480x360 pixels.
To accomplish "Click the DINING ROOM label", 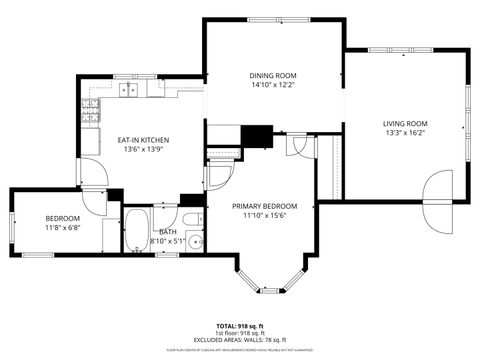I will pyautogui.click(x=273, y=75).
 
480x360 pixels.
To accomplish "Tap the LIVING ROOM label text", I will pyautogui.click(x=406, y=124).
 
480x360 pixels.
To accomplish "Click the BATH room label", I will pyautogui.click(x=167, y=231).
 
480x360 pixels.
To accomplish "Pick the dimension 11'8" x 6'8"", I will pyautogui.click(x=62, y=227).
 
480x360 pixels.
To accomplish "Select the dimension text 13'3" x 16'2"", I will pyautogui.click(x=406, y=134).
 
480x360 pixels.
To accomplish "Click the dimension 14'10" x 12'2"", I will pyautogui.click(x=273, y=85).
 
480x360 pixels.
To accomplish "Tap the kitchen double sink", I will pyautogui.click(x=130, y=91).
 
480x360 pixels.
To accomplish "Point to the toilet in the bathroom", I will pyautogui.click(x=192, y=219).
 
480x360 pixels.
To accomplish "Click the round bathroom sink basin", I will pyautogui.click(x=197, y=241).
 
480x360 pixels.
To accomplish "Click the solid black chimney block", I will pyautogui.click(x=258, y=135).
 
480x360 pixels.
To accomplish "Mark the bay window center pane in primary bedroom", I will pyautogui.click(x=269, y=290).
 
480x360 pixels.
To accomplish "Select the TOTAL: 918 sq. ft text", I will pyautogui.click(x=240, y=326).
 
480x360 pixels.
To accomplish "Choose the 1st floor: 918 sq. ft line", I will pyautogui.click(x=240, y=333).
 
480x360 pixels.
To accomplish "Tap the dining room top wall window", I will pyautogui.click(x=272, y=19).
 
